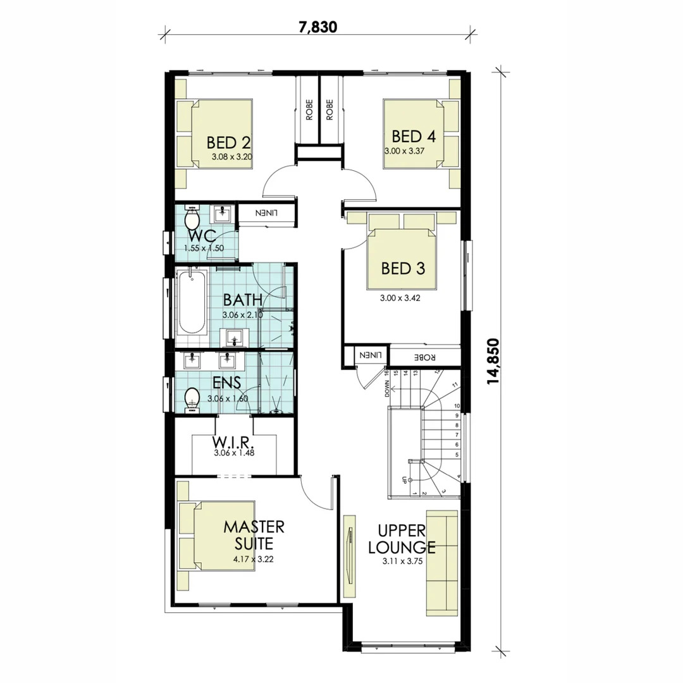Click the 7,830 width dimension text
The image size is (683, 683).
click(317, 27)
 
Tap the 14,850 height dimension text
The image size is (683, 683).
click(493, 361)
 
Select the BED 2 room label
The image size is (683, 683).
click(228, 142)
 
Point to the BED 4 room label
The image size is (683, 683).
click(414, 137)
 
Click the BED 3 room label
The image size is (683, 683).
click(403, 268)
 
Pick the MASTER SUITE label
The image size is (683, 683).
click(254, 535)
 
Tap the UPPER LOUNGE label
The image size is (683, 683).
click(402, 539)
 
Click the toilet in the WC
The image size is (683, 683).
click(192, 219)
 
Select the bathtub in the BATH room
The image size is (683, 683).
click(191, 302)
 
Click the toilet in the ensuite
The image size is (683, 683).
click(192, 400)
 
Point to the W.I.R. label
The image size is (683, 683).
click(233, 441)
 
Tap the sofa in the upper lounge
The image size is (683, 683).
click(441, 563)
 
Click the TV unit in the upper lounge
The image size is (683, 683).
click(349, 557)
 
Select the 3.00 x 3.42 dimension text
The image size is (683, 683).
click(400, 298)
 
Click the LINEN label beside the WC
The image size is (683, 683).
click(266, 214)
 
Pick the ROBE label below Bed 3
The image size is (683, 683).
click(425, 357)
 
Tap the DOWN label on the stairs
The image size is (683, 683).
click(387, 388)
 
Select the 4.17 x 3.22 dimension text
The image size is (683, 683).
click(253, 559)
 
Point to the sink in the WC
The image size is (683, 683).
click(223, 213)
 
